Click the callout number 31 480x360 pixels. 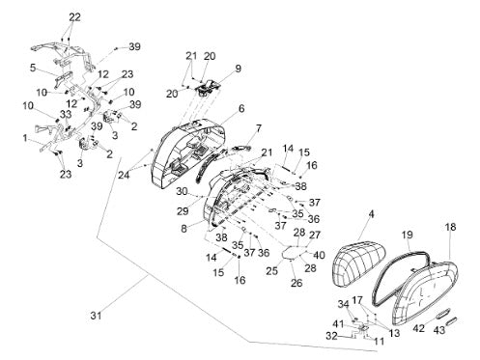[96, 316]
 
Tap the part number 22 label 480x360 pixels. [74, 17]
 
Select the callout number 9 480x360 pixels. [238, 69]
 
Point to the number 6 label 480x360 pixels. [241, 109]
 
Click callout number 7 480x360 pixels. [259, 129]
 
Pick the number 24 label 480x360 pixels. [124, 176]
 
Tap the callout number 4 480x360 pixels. [371, 214]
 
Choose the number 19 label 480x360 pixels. [407, 235]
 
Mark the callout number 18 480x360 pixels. [451, 227]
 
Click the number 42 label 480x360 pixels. [419, 328]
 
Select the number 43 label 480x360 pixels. [439, 330]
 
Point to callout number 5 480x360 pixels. [33, 69]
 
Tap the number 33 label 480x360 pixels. [66, 114]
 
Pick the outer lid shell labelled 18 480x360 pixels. [425, 291]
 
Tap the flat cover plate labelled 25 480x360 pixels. [294, 252]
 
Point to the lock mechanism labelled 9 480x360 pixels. [207, 87]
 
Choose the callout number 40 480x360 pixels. [319, 255]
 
